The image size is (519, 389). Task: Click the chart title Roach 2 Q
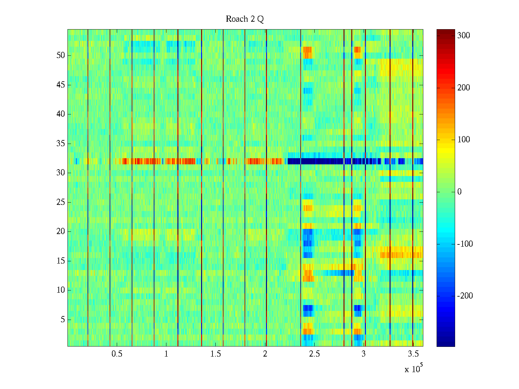[245, 19]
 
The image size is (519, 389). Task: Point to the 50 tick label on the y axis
[61, 55]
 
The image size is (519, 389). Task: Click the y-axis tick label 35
[61, 144]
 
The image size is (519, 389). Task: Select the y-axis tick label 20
[61, 231]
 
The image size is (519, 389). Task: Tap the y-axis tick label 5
[63, 320]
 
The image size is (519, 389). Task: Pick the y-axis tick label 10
[61, 290]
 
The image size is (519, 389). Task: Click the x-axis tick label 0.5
[117, 354]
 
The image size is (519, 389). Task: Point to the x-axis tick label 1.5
[215, 354]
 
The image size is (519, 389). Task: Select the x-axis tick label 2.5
[314, 354]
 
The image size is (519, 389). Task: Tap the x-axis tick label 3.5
[413, 354]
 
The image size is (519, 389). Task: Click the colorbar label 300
[464, 36]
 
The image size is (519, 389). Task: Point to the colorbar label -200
[465, 296]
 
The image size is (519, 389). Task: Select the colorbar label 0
[459, 192]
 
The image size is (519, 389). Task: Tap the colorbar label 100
[464, 140]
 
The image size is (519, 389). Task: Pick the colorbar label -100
[465, 244]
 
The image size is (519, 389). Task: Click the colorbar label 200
[464, 88]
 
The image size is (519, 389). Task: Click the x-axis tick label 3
[364, 354]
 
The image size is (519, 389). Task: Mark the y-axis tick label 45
[61, 85]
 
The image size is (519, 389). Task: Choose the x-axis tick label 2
[265, 354]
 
